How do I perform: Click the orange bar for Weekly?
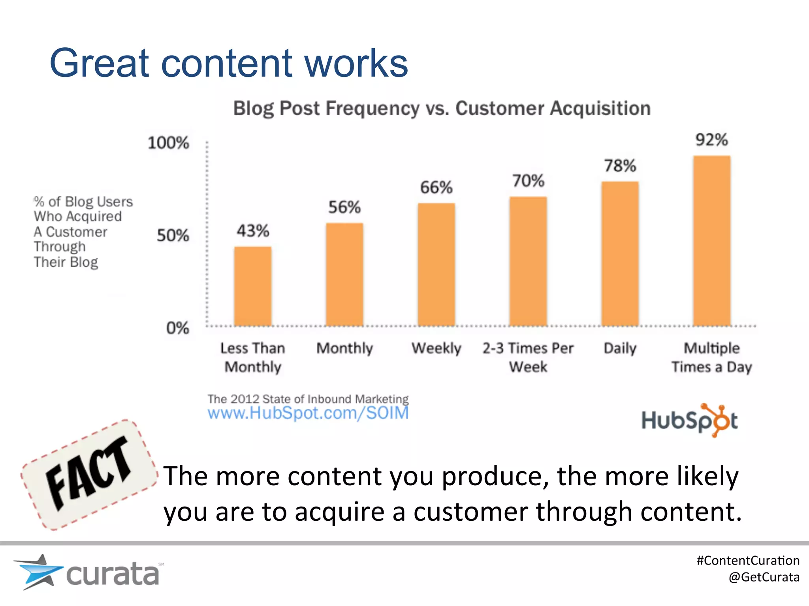coord(436,264)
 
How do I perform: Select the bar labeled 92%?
coord(711,241)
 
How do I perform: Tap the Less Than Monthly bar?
coord(253,286)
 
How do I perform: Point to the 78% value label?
coord(620,166)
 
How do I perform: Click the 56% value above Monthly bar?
coord(344,207)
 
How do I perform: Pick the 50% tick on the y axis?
coord(173,236)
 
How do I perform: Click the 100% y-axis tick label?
coord(168,143)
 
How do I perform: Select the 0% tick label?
coord(177,328)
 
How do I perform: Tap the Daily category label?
coord(620,348)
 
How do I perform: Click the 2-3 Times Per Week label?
coord(528,357)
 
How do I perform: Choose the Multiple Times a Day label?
coord(711,357)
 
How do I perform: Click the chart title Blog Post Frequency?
coord(442,108)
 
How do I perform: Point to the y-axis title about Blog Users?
coord(83,232)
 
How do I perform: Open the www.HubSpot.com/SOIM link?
coord(308,413)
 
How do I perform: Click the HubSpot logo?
coord(689,420)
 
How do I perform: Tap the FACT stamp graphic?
coord(89,474)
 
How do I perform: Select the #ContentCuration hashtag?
coord(748,560)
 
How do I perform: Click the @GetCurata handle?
coord(764,577)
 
